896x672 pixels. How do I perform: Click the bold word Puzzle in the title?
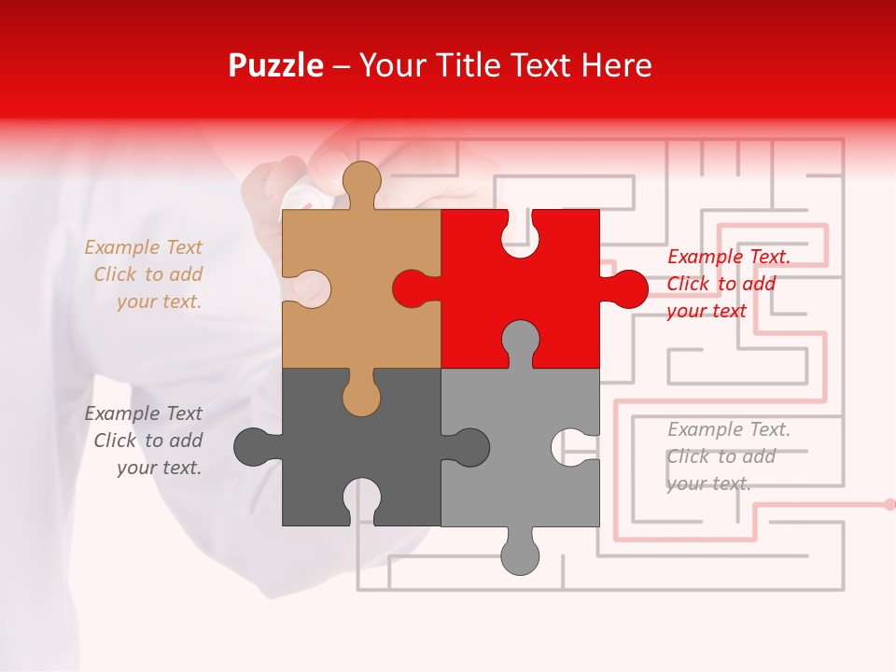click(275, 65)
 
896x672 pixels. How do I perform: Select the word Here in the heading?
click(616, 65)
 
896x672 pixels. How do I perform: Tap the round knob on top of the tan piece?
click(361, 181)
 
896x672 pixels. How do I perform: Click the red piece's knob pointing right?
click(627, 288)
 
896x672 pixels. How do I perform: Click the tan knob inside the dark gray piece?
click(361, 396)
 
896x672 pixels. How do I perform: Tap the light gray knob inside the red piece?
click(520, 340)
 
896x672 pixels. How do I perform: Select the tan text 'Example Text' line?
click(143, 247)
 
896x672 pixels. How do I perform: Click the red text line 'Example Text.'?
click(729, 257)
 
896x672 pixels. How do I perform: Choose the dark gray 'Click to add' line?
click(147, 441)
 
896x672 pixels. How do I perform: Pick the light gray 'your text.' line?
click(708, 483)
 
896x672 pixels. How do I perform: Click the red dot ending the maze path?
click(889, 504)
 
